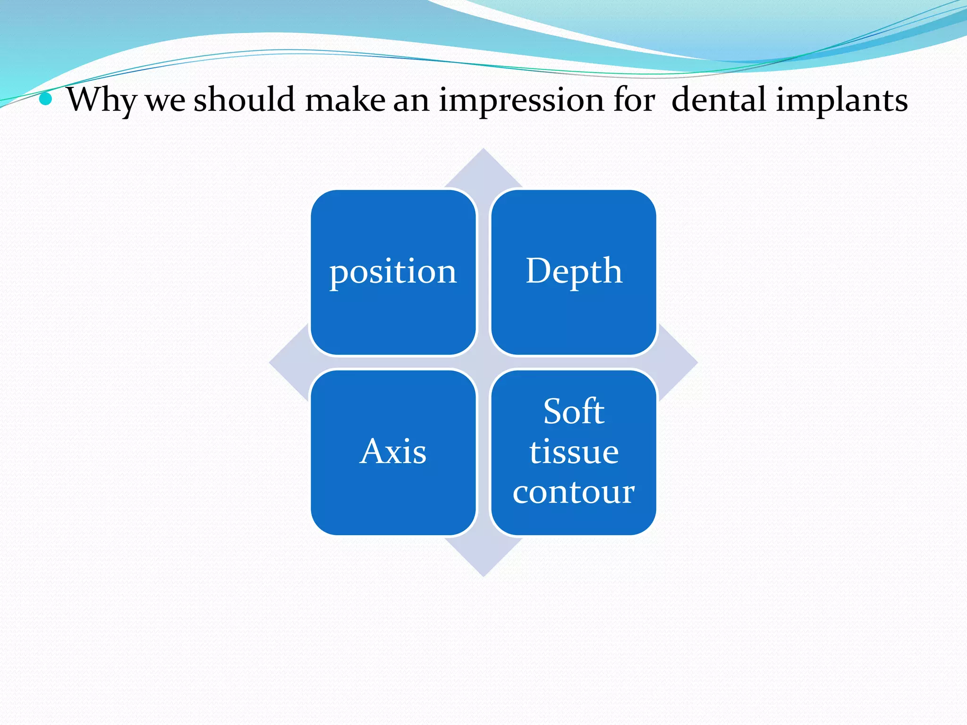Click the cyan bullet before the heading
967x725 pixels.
pyautogui.click(x=46, y=99)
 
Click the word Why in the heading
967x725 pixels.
pyautogui.click(x=101, y=100)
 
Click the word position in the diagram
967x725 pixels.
pyautogui.click(x=393, y=272)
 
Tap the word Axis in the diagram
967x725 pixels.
pyautogui.click(x=393, y=452)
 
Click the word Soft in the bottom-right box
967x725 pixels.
pyautogui.click(x=574, y=412)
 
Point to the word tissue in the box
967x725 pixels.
pyautogui.click(x=574, y=452)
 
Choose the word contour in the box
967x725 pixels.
pyautogui.click(x=574, y=492)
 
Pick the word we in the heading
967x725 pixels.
pyautogui.click(x=165, y=100)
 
